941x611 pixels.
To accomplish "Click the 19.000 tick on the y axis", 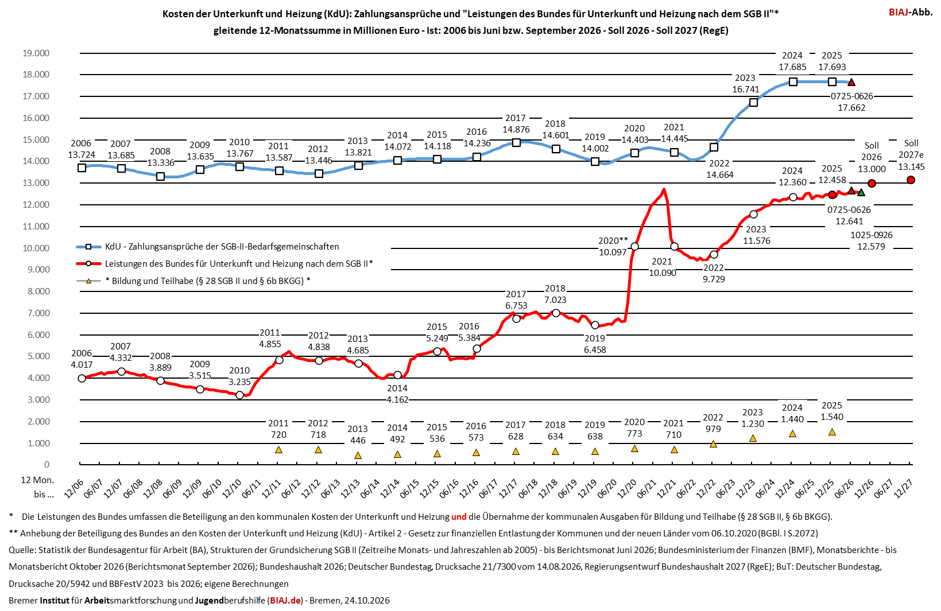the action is [36, 53].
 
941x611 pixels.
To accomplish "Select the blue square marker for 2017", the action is [516, 143].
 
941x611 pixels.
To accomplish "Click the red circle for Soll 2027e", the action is [911, 180].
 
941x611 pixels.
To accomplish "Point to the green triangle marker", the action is [861, 192].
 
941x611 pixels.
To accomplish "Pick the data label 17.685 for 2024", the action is [792, 67].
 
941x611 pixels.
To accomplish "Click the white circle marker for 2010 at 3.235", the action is [240, 395].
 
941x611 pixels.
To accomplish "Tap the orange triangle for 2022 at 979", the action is [713, 443].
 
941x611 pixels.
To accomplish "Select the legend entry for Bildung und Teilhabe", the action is [193, 281].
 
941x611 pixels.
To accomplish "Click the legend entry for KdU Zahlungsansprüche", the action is [207, 247].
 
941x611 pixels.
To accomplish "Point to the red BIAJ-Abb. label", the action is [911, 12].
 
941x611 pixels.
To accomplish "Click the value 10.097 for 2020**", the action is [613, 252].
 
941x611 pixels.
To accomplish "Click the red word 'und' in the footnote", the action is [459, 516].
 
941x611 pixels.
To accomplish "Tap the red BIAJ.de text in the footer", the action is [285, 601].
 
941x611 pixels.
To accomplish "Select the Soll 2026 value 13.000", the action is [872, 169].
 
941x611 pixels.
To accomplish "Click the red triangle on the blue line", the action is [851, 82].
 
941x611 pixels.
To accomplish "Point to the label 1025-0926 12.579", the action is [872, 241].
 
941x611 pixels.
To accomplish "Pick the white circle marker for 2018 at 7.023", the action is [556, 313].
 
